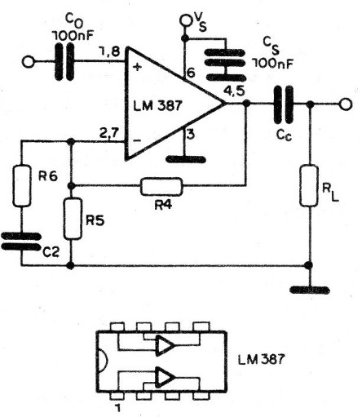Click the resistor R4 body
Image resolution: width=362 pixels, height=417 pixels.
click(161, 186)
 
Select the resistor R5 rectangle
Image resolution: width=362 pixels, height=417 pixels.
click(73, 219)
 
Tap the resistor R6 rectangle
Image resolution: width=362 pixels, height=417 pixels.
click(22, 185)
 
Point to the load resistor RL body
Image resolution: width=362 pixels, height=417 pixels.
click(309, 186)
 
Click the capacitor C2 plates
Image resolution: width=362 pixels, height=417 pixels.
click(21, 242)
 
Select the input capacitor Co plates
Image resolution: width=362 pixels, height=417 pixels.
click(64, 62)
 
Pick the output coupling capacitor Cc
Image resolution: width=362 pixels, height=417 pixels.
click(284, 104)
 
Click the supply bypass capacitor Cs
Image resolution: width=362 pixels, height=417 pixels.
click(225, 65)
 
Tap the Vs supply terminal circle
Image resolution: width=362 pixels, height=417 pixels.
click(186, 20)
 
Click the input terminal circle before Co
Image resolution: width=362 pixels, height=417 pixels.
click(28, 62)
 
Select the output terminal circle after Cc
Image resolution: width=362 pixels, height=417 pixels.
click(346, 104)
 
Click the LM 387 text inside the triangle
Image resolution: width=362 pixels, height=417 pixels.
click(157, 105)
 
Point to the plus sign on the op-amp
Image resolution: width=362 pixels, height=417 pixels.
click(139, 67)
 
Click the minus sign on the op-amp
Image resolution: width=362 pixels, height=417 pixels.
click(138, 140)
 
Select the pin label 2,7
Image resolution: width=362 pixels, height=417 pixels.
click(108, 134)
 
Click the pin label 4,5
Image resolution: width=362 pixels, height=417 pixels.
click(233, 91)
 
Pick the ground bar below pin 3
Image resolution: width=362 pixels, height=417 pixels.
click(186, 159)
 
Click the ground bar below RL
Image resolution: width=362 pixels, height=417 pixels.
click(310, 290)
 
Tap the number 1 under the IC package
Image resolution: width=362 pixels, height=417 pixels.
click(117, 408)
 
